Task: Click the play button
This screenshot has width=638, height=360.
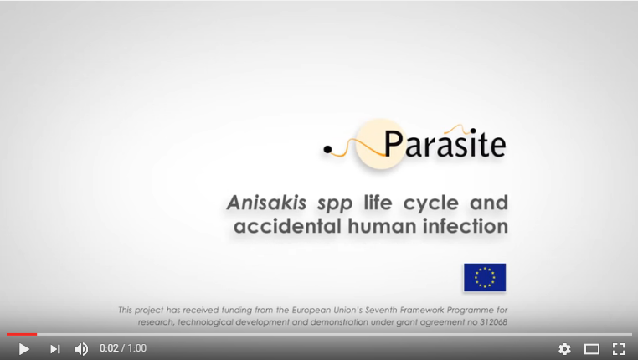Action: [x=24, y=349]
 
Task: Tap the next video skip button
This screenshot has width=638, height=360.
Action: [x=55, y=349]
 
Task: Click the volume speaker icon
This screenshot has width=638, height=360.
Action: [x=81, y=349]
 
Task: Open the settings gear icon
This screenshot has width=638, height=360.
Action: [x=564, y=349]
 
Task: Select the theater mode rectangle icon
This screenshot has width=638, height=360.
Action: [x=592, y=349]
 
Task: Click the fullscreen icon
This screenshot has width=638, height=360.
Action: [x=619, y=349]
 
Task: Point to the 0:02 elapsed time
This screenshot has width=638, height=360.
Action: [x=109, y=348]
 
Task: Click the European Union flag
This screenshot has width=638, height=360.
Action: [x=485, y=277]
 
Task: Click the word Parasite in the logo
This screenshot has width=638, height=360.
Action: [x=445, y=144]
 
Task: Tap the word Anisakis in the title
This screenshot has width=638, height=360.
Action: [x=266, y=203]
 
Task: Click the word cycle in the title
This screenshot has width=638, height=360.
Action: [x=431, y=203]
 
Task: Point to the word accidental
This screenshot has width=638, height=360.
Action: [x=287, y=226]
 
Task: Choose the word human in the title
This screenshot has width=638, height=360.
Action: [x=382, y=226]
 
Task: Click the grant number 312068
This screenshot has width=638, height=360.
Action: [x=493, y=322]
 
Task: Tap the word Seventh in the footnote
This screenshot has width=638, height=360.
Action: [x=381, y=310]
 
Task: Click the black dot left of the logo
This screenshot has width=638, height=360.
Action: [x=327, y=150]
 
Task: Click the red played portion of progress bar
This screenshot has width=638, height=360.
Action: [x=22, y=334]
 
